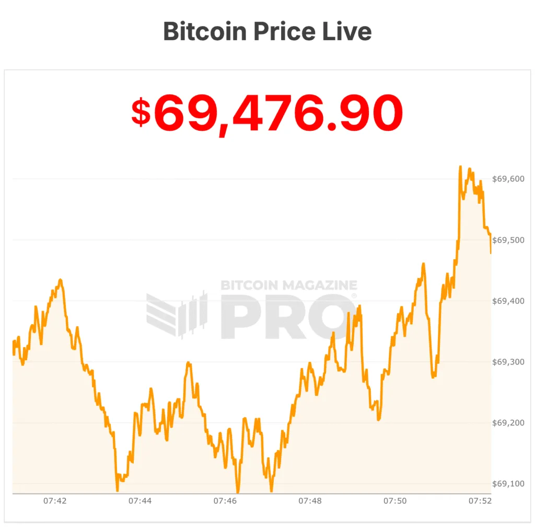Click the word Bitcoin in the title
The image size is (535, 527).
(205, 31)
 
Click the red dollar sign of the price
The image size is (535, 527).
(141, 113)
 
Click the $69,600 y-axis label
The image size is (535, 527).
(508, 179)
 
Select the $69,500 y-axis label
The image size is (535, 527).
(508, 240)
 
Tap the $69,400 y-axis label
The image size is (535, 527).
(508, 301)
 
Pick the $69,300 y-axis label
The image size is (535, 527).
(508, 362)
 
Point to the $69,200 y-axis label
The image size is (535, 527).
(508, 423)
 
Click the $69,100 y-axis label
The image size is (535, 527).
(508, 484)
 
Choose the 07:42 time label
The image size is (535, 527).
(55, 501)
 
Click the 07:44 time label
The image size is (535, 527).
(140, 501)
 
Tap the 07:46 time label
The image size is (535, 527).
(225, 501)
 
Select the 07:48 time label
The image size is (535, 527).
(310, 501)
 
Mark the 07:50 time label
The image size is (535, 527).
(395, 501)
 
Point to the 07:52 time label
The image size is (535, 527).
(480, 501)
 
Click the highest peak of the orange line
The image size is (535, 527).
(460, 167)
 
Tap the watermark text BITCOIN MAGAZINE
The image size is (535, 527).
(289, 285)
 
